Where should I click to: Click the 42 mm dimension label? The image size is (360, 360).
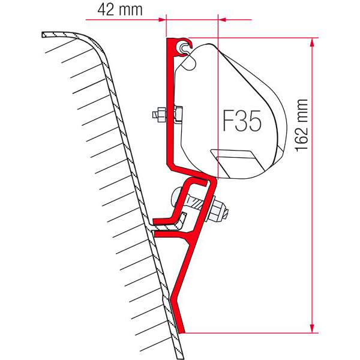(120, 10)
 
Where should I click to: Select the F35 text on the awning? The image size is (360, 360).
(242, 121)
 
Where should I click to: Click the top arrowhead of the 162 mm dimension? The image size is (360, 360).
(311, 42)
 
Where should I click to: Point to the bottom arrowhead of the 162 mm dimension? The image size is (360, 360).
(311, 328)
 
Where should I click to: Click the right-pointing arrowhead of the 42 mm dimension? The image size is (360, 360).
(162, 20)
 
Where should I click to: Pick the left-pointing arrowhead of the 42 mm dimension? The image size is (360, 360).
(222, 20)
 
